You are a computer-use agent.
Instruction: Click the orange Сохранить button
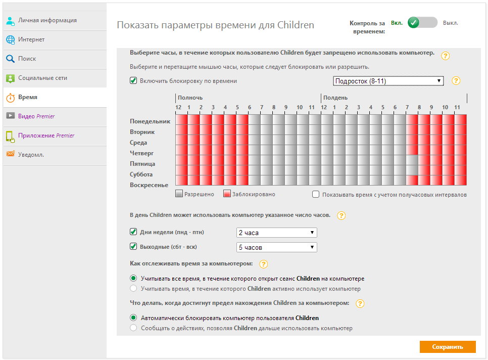(447, 347)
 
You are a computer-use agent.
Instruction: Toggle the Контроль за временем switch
(422, 23)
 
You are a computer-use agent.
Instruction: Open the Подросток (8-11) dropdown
(388, 81)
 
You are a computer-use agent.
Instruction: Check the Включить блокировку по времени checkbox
(133, 81)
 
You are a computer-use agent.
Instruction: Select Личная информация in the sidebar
(47, 20)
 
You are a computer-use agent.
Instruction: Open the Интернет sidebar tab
(31, 39)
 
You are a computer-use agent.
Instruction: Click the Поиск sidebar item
(27, 59)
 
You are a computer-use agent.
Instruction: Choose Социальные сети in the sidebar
(42, 78)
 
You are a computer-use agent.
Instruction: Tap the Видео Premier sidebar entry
(36, 116)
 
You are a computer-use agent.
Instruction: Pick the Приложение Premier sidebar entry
(46, 136)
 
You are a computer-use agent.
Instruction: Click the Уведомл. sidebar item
(31, 155)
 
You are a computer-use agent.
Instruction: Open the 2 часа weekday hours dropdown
(276, 233)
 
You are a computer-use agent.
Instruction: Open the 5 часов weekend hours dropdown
(276, 247)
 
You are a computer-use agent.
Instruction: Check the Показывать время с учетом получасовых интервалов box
(316, 194)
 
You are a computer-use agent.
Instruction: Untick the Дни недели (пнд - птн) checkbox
(133, 232)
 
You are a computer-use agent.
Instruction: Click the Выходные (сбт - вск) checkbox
(133, 247)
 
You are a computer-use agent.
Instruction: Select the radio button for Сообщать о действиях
(133, 328)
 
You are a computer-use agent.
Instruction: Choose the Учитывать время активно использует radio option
(133, 289)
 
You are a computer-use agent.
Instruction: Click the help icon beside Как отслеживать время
(263, 264)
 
